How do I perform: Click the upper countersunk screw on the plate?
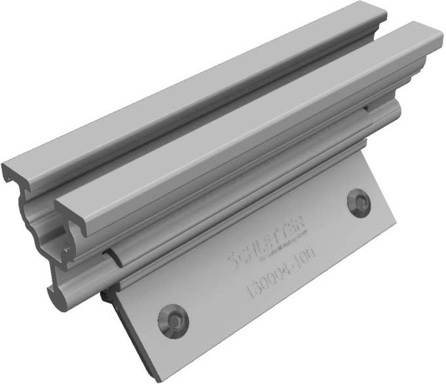click(359, 201)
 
